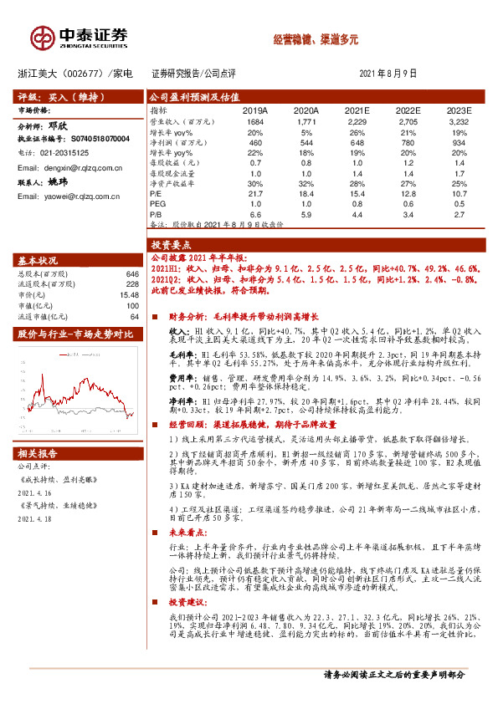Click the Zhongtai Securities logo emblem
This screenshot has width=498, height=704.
pos(42,37)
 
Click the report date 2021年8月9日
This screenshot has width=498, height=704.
pos(388,74)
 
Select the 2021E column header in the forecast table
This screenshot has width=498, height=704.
pos(357,110)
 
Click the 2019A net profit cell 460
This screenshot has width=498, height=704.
pos(254,143)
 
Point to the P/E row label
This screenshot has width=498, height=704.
pos(156,194)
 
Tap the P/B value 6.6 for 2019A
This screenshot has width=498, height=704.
pos(254,215)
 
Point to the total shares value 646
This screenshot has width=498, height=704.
pos(131,274)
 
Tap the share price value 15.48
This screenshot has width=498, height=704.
pos(128,295)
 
